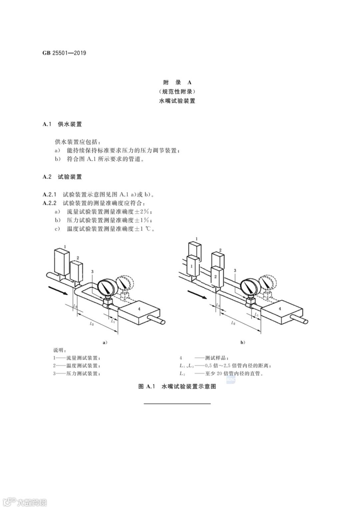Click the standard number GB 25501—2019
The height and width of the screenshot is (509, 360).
coord(64,53)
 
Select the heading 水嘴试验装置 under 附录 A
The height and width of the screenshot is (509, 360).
coord(177,101)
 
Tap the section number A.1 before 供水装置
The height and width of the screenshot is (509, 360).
coord(47,124)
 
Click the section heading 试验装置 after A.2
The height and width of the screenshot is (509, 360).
coord(70,177)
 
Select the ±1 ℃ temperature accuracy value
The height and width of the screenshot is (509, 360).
coord(144,229)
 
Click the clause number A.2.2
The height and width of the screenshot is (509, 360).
coord(50,203)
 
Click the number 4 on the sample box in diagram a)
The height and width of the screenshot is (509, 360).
coord(139,309)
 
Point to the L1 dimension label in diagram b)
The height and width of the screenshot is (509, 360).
coord(256,315)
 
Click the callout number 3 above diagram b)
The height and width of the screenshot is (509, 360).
coord(235,271)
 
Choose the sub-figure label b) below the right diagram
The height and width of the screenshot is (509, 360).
coord(242,342)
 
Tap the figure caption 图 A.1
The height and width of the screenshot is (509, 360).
coord(147,386)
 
